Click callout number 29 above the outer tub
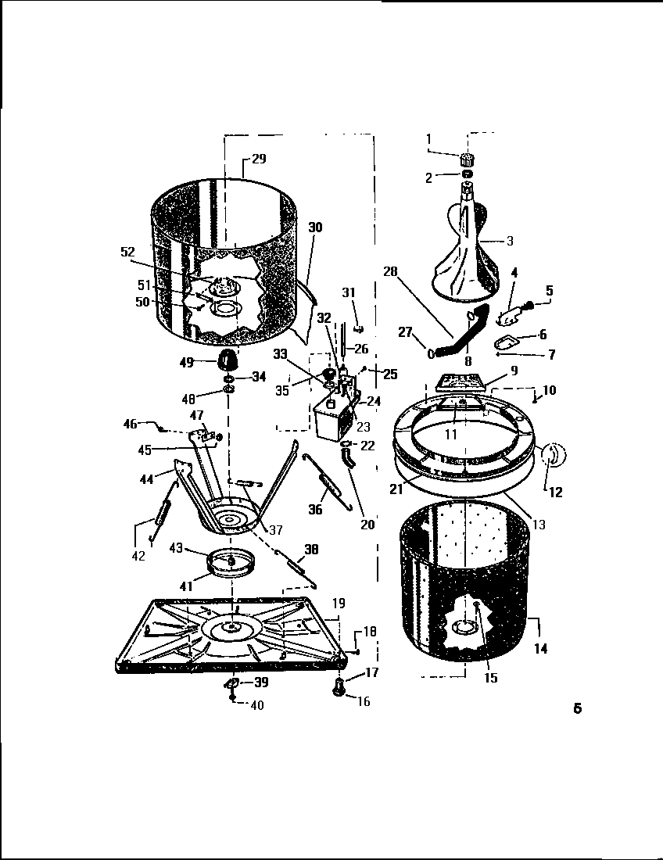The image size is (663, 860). tap(259, 159)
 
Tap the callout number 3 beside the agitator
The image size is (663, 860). tap(510, 241)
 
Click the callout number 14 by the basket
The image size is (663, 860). tap(540, 648)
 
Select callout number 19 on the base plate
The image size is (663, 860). tap(338, 604)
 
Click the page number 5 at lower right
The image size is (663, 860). tap(576, 709)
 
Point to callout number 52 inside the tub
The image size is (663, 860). tap(127, 252)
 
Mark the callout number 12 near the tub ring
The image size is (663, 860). tap(556, 493)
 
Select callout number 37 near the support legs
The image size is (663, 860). tap(275, 531)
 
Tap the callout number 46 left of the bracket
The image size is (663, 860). tap(130, 424)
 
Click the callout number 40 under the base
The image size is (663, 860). tap(256, 705)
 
